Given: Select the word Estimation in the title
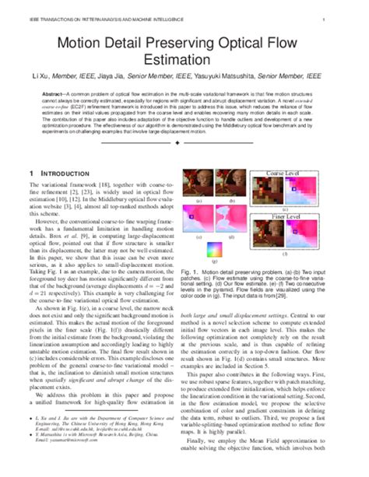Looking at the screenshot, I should point(184,59).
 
